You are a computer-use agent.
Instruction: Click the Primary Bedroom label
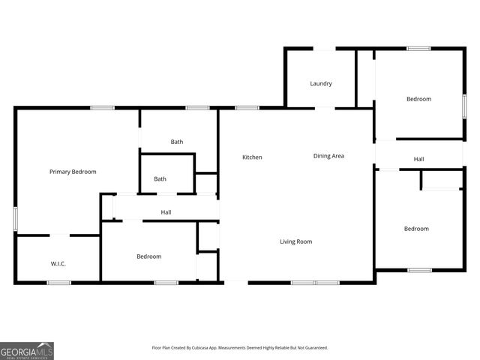pos(73,172)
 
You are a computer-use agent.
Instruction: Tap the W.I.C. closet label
pos(58,263)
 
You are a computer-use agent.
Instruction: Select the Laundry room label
pos(321,83)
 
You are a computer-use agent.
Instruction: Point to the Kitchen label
pos(252,157)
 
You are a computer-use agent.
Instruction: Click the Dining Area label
pos(328,156)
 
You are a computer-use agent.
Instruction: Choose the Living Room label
pos(295,241)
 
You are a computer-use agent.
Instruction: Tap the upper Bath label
pos(177,142)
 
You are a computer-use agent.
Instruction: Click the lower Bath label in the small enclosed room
pos(160,178)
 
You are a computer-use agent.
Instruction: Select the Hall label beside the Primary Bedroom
pos(166,212)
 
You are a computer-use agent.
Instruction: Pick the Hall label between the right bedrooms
pos(419,159)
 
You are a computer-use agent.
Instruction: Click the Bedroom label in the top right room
pos(418,99)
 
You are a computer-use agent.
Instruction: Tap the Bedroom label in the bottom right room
pos(416,229)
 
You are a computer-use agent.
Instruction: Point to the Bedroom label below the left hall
pos(148,256)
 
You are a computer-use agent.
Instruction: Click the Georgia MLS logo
pos(27,350)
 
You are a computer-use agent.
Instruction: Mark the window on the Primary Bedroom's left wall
pos(15,220)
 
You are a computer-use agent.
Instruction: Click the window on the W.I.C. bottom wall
pos(59,283)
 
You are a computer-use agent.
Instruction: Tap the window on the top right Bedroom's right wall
pos(464,105)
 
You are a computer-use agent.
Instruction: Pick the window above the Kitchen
pos(247,108)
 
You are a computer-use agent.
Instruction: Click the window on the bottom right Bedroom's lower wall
pos(419,270)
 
